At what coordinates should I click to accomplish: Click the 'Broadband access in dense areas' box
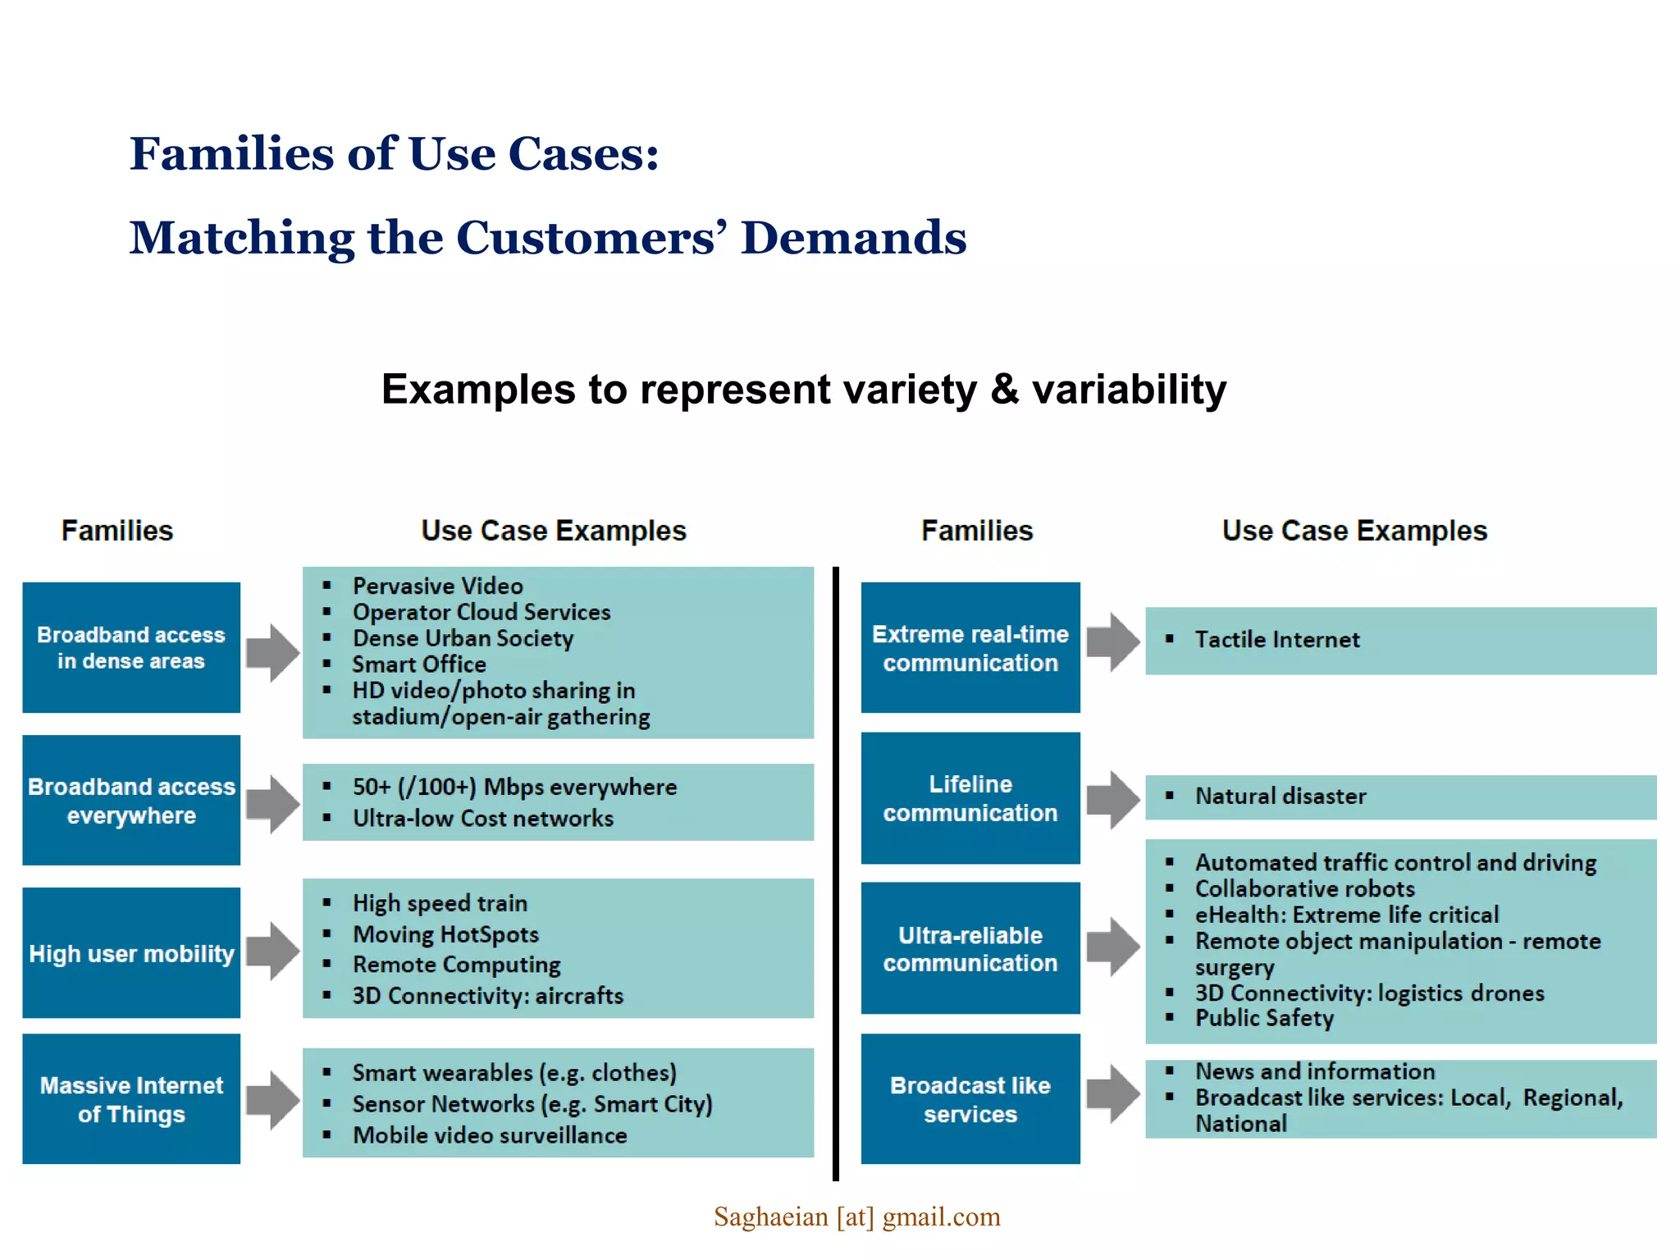[x=131, y=647]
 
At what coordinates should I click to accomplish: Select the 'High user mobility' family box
[x=131, y=953]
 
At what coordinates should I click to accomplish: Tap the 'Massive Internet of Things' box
[x=131, y=1099]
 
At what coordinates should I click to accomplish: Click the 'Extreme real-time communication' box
[x=970, y=647]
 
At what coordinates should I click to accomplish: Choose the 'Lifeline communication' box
[x=970, y=798]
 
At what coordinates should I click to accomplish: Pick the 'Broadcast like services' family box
[x=970, y=1099]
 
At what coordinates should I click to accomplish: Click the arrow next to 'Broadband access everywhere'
[x=273, y=804]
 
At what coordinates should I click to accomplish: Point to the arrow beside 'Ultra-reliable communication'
[x=1113, y=947]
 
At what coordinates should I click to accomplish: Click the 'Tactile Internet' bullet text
[x=1276, y=640]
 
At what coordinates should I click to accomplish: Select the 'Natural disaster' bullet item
[x=1280, y=797]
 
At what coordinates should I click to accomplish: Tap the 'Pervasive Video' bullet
[x=437, y=586]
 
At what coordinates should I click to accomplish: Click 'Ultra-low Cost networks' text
[x=482, y=819]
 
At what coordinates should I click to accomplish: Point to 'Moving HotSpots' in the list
[x=445, y=934]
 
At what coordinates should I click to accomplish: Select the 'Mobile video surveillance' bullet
[x=490, y=1135]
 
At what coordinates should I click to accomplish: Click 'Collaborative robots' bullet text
[x=1304, y=888]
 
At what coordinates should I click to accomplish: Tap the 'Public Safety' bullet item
[x=1263, y=1018]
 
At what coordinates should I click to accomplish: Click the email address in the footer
[x=856, y=1217]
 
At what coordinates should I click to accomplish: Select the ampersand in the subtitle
[x=1004, y=390]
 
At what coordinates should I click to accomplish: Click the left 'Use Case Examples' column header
[x=554, y=531]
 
